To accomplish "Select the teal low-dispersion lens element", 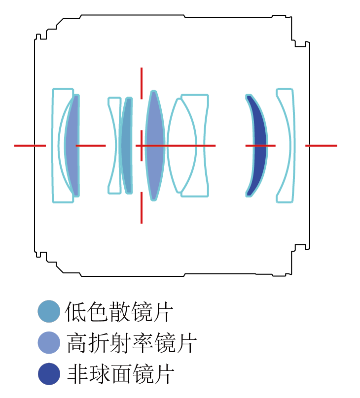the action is tap(126, 145).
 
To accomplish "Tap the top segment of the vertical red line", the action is tap(141, 84).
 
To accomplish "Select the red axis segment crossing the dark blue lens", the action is tap(260, 145).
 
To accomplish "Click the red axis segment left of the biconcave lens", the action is tap(91, 145).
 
